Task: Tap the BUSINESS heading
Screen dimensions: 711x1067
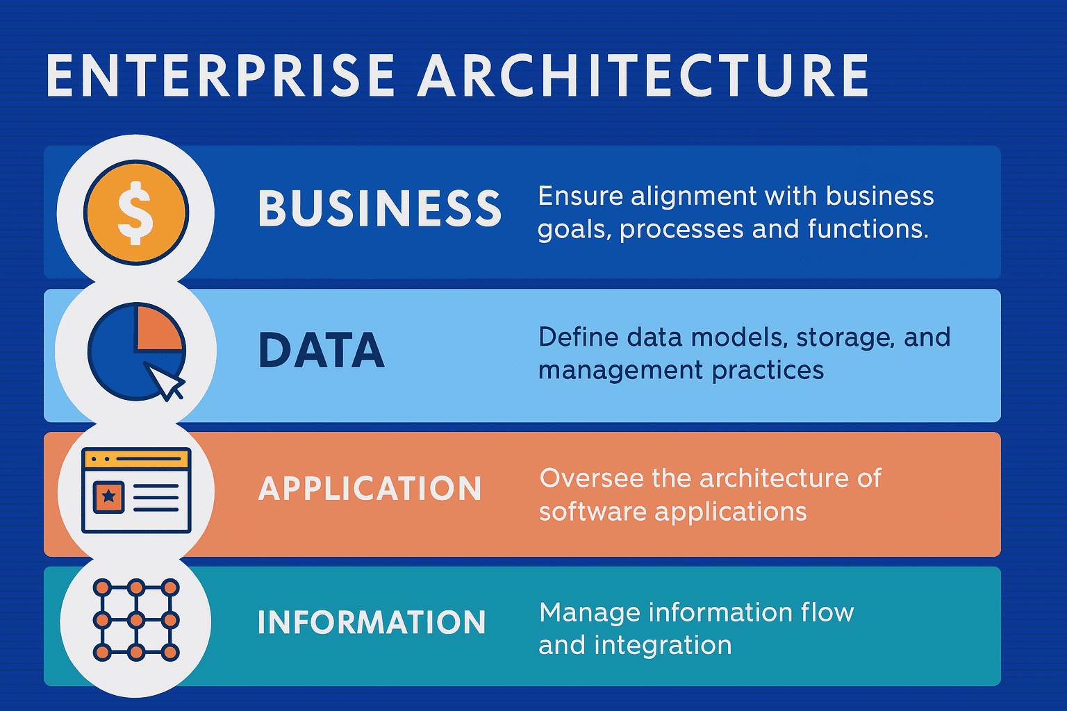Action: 379,208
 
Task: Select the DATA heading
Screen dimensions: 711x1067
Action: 321,351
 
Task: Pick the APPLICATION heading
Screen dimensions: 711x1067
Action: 370,489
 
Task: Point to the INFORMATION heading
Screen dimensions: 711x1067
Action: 371,623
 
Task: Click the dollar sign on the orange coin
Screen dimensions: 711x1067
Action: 135,212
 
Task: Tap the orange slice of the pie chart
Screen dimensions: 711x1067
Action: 158,328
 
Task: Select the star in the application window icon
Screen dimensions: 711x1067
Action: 109,496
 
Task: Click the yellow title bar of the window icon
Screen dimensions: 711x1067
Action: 136,459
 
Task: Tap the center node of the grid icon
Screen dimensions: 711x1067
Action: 136,620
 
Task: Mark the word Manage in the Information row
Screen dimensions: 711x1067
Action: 589,613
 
